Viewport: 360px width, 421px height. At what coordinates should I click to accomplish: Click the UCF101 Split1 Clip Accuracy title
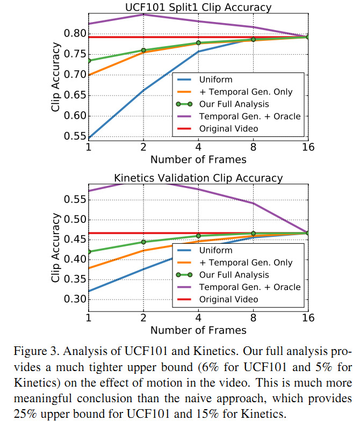coord(198,7)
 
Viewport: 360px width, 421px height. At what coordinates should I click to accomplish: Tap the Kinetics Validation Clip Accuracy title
coord(198,178)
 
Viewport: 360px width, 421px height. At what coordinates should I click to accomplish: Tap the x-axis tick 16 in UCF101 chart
coord(307,148)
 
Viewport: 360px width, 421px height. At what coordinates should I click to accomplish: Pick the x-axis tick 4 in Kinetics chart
coord(198,318)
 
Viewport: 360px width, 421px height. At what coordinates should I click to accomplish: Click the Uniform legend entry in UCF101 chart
coord(215,79)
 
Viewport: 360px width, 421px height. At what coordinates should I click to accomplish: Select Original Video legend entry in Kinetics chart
coord(228,299)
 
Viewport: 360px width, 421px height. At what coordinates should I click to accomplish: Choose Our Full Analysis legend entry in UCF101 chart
coord(234,104)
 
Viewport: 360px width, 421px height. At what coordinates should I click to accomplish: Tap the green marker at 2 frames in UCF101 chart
coord(143,50)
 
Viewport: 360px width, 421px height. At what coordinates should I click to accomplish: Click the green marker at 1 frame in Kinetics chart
coord(89,252)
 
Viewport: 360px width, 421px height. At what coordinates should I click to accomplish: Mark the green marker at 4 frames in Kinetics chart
coord(198,236)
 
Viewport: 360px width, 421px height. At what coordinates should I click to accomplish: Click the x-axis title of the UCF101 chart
coord(198,159)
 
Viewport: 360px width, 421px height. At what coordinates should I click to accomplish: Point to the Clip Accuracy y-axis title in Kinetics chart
coord(56,248)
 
